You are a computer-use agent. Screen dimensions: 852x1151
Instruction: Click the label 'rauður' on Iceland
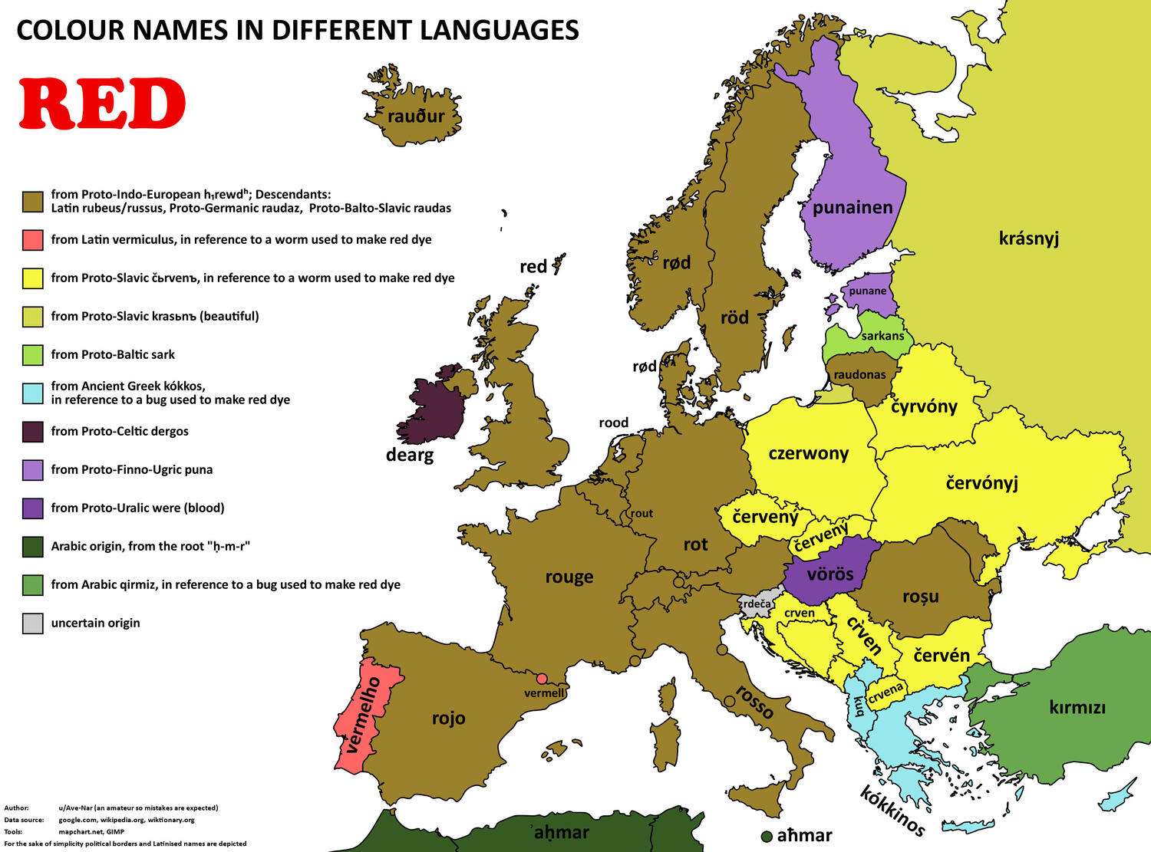[416, 117]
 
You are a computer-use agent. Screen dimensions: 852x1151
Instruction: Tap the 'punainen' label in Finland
[853, 207]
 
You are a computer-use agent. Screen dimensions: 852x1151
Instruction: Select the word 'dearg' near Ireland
[410, 456]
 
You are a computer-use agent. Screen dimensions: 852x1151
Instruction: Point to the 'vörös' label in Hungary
[830, 574]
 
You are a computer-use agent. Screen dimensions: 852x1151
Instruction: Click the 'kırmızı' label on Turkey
[1077, 707]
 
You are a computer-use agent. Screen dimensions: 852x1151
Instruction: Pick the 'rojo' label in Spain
[448, 719]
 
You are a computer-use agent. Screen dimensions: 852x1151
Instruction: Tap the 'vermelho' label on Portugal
[363, 715]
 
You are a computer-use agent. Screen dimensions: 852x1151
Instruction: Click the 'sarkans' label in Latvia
[882, 336]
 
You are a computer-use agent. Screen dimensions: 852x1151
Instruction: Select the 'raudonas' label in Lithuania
[859, 375]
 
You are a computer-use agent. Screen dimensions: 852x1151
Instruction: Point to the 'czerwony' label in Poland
[808, 453]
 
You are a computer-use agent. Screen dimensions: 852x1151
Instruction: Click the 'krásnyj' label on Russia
[1028, 238]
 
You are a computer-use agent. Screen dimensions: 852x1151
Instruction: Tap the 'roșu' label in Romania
[920, 597]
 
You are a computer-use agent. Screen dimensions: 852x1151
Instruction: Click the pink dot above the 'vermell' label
[542, 678]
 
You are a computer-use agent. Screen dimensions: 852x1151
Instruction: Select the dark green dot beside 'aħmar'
[766, 836]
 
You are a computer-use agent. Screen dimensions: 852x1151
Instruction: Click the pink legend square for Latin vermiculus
[33, 240]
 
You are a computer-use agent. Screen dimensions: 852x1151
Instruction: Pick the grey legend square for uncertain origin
[33, 623]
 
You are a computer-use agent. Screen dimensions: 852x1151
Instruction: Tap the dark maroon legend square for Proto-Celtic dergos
[33, 432]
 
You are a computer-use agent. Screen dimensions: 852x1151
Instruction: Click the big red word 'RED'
[102, 104]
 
